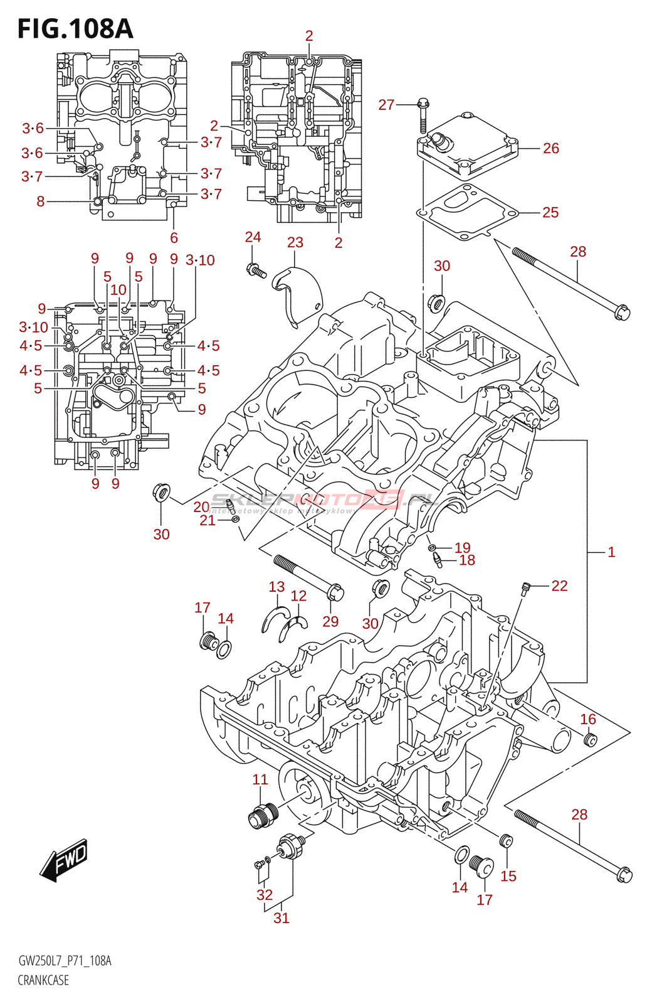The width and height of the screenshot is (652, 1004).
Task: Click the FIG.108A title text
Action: pyautogui.click(x=75, y=29)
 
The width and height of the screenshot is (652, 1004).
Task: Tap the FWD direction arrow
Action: pyautogui.click(x=65, y=859)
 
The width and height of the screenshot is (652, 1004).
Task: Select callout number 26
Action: pyautogui.click(x=550, y=148)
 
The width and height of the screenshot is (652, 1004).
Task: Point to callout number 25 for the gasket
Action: pyautogui.click(x=550, y=212)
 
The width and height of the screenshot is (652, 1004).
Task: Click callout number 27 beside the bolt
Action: pyautogui.click(x=386, y=105)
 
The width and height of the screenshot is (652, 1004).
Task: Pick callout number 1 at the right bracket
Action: pyautogui.click(x=611, y=552)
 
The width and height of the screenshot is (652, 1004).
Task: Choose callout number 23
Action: pyautogui.click(x=295, y=243)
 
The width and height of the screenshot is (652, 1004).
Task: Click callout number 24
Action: pyautogui.click(x=253, y=237)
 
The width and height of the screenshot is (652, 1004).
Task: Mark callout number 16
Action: pyautogui.click(x=587, y=719)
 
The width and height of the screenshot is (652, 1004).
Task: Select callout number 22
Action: pyautogui.click(x=559, y=585)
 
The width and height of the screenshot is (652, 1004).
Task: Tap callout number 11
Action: pyautogui.click(x=260, y=779)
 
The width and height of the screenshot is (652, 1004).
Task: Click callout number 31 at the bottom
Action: pyautogui.click(x=281, y=918)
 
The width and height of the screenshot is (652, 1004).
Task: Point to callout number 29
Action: pyautogui.click(x=330, y=621)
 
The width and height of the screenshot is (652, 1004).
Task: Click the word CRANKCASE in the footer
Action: pyautogui.click(x=43, y=980)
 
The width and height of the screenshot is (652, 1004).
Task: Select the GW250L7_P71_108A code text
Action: pyautogui.click(x=65, y=961)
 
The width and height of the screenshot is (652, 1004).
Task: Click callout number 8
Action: pyautogui.click(x=41, y=201)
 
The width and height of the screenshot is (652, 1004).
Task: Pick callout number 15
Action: pyautogui.click(x=508, y=876)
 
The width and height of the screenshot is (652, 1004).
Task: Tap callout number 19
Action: pyautogui.click(x=462, y=548)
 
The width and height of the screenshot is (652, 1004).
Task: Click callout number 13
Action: pyautogui.click(x=276, y=587)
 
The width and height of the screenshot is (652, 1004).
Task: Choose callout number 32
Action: pyautogui.click(x=265, y=895)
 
